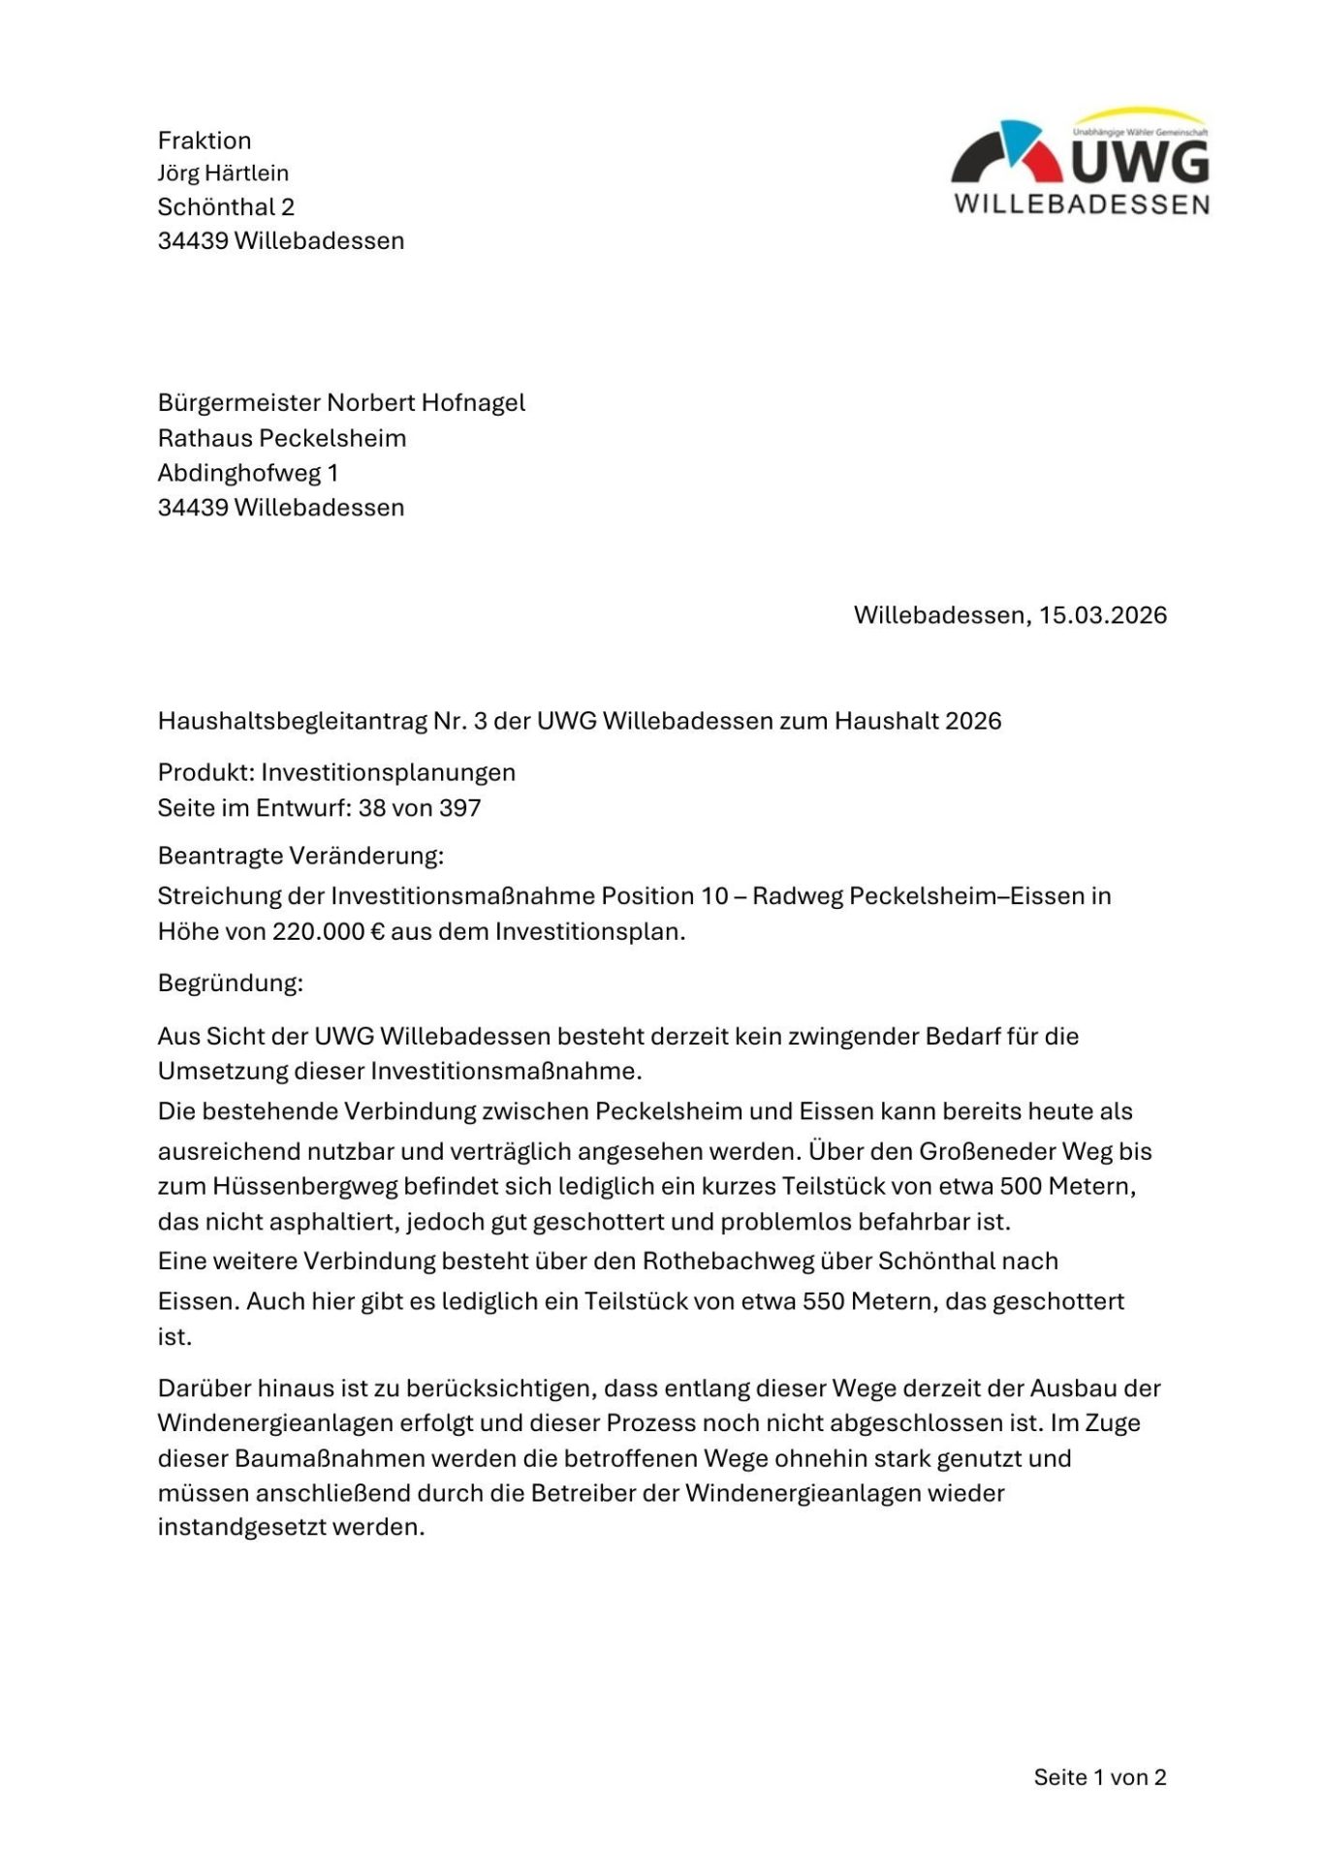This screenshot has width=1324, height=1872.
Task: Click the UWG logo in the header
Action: pyautogui.click(x=1081, y=162)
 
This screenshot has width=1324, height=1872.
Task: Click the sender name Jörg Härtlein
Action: pyautogui.click(x=223, y=173)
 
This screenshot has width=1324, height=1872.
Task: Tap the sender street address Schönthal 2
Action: pyautogui.click(x=226, y=206)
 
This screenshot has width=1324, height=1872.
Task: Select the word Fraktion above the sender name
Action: pyautogui.click(x=205, y=140)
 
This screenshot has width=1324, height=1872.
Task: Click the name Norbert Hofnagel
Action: pyautogui.click(x=426, y=402)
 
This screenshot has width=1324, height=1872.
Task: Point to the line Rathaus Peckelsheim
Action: pyautogui.click(x=282, y=438)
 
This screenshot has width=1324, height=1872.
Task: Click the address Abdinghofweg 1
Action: pyautogui.click(x=248, y=473)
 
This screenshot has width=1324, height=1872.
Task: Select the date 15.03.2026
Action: pyautogui.click(x=1103, y=615)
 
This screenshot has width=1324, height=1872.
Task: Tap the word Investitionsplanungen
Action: pyautogui.click(x=388, y=772)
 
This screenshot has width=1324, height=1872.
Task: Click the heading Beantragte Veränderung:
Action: pyautogui.click(x=300, y=856)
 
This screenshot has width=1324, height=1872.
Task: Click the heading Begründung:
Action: pyautogui.click(x=231, y=983)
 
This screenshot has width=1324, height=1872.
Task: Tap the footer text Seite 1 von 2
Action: pyautogui.click(x=1099, y=1777)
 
